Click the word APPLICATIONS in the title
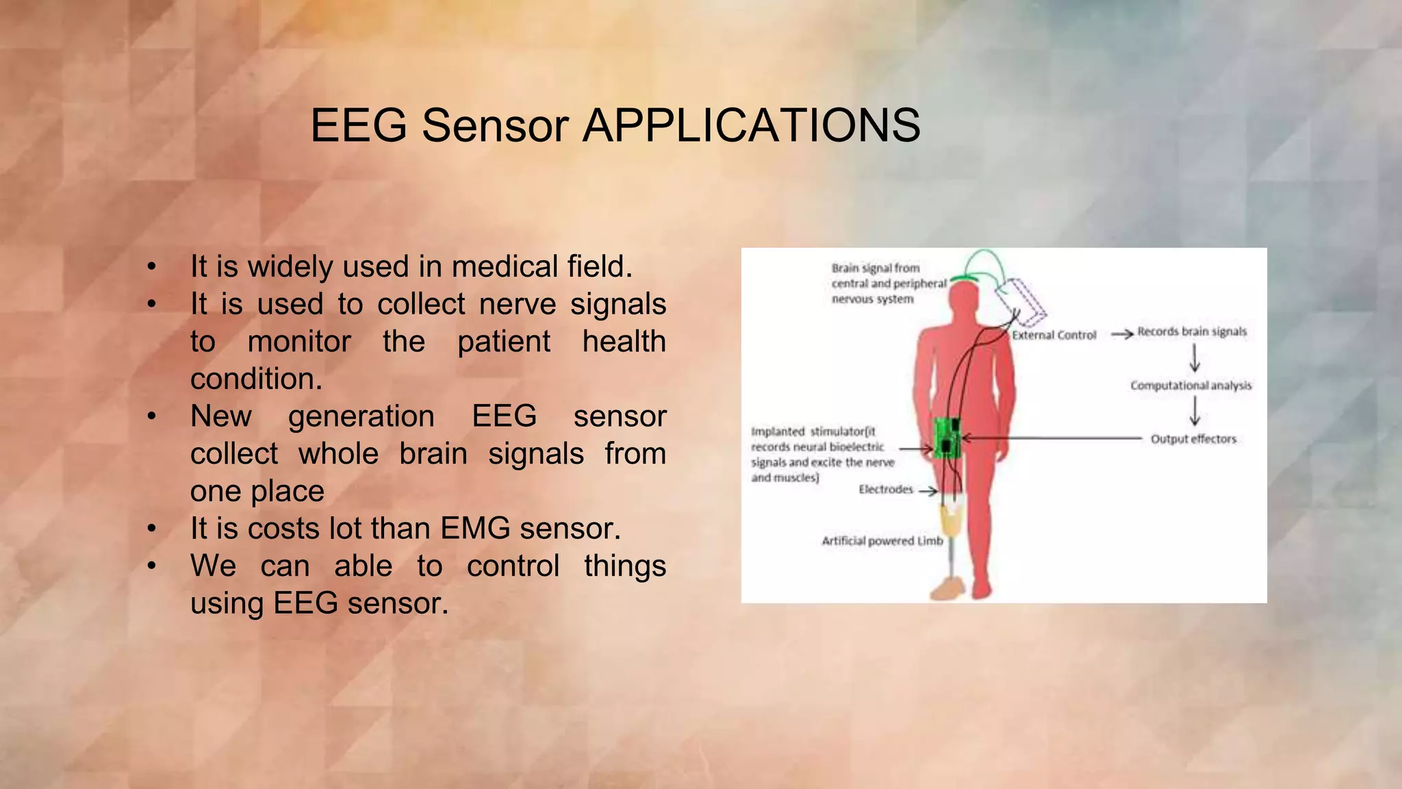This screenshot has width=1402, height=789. click(751, 126)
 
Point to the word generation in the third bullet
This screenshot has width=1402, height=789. click(361, 416)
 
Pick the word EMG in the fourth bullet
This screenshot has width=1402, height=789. click(475, 529)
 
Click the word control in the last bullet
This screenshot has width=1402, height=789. click(513, 566)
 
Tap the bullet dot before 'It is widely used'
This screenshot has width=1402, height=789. click(152, 267)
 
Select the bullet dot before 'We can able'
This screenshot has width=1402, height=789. click(152, 566)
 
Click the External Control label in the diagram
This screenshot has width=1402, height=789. click(1054, 335)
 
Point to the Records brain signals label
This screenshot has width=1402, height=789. click(1192, 331)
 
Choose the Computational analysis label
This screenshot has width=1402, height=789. click(1190, 386)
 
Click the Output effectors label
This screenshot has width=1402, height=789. click(1193, 439)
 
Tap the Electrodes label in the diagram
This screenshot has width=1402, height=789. click(886, 489)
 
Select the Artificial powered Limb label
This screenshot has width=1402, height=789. click(882, 541)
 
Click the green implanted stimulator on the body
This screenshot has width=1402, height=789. click(947, 438)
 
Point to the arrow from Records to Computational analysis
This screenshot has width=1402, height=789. click(1195, 358)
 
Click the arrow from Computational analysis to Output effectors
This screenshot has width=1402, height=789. click(1195, 412)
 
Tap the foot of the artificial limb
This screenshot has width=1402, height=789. click(947, 588)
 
